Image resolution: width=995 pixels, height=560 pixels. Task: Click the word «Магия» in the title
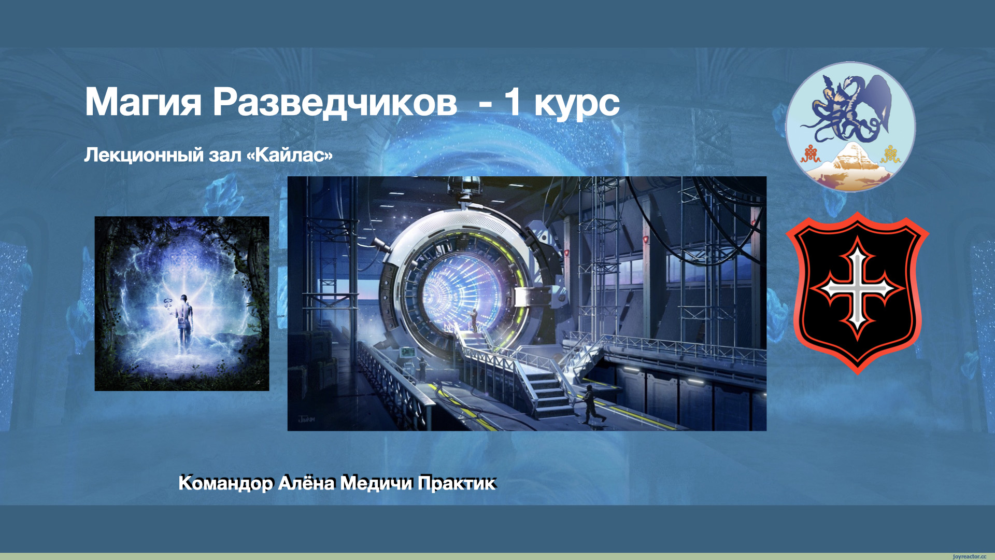[143, 103]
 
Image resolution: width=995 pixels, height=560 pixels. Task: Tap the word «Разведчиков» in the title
[335, 103]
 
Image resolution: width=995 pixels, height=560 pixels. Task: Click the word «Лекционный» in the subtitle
[144, 155]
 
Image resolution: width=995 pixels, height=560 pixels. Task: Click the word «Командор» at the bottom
[226, 483]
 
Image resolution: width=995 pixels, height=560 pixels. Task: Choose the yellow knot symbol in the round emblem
[890, 154]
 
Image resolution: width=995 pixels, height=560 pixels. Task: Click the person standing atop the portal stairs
[473, 320]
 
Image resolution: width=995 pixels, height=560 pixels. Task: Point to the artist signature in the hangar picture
[306, 419]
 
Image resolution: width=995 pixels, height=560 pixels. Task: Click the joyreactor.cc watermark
[969, 556]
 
